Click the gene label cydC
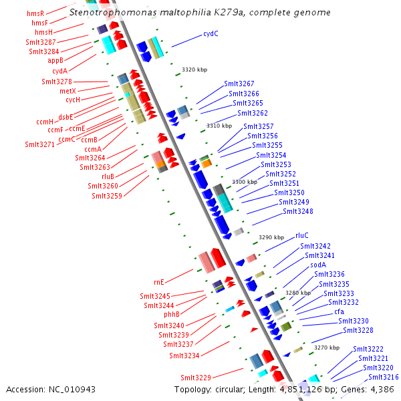[211, 33]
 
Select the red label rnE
[158, 282]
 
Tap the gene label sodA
[318, 265]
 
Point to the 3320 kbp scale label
[194, 70]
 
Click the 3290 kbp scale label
[271, 237]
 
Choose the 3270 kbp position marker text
[327, 348]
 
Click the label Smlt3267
[239, 84]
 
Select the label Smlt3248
[297, 211]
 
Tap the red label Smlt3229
[196, 377]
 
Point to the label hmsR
[35, 13]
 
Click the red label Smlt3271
[39, 144]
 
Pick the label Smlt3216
[383, 377]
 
